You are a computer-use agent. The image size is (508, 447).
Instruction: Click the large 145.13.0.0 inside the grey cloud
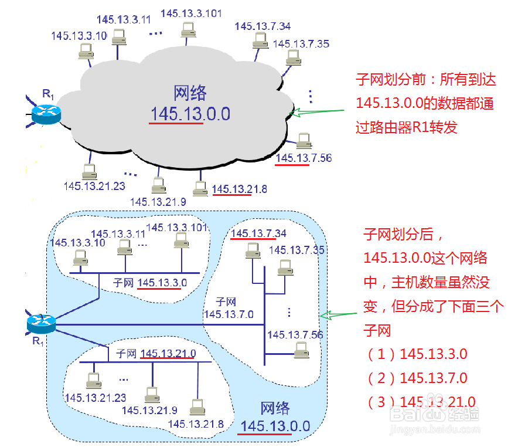point(190,114)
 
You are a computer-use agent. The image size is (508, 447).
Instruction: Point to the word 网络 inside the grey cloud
point(190,93)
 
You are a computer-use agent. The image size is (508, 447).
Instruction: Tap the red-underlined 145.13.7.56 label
point(304,158)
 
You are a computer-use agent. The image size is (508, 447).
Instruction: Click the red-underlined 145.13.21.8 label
point(240,189)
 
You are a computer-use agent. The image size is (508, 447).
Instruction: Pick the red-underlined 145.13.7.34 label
point(258,234)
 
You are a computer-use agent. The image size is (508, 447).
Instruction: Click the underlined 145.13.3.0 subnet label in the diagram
point(162,283)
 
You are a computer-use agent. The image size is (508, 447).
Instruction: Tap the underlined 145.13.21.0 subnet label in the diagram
point(168,353)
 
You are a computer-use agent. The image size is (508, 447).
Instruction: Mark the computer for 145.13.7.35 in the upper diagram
point(293,57)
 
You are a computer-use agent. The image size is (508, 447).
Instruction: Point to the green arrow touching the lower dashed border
point(342,316)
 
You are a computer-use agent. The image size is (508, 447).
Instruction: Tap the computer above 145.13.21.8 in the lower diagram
point(197,406)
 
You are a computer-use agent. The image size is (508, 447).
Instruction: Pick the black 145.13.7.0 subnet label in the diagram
point(229,314)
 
